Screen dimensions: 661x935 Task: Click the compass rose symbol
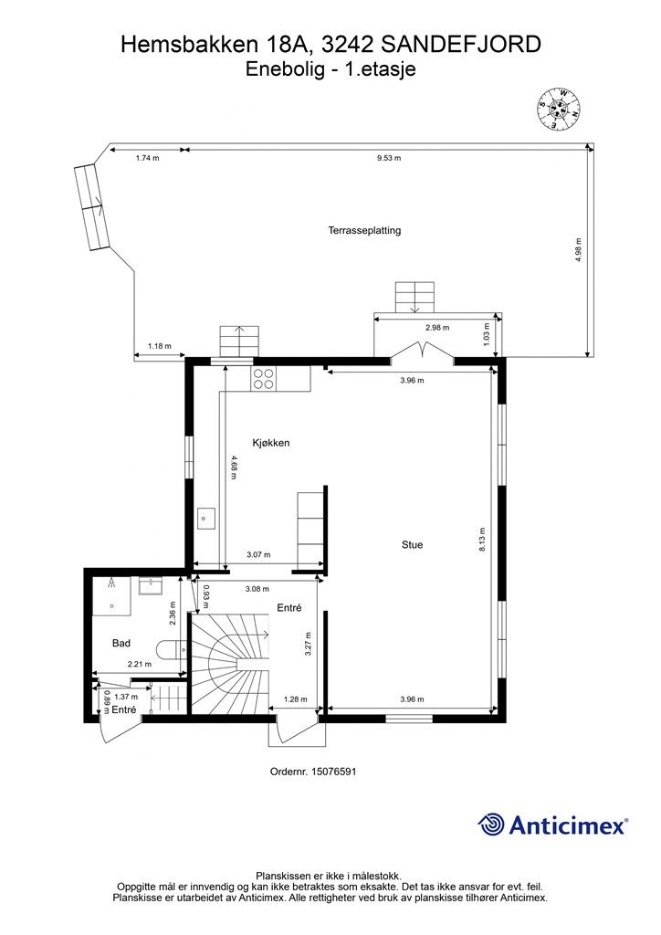[560, 110]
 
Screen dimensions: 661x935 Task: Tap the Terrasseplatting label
[364, 230]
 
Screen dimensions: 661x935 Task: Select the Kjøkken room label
[271, 443]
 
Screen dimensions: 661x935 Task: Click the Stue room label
[412, 544]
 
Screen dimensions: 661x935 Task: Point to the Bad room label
[121, 643]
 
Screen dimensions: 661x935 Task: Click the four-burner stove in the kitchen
[264, 378]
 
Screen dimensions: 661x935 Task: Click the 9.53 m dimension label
[389, 158]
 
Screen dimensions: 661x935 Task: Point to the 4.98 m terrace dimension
[579, 250]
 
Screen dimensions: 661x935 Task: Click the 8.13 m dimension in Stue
[482, 539]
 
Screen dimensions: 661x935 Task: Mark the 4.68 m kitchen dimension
[232, 467]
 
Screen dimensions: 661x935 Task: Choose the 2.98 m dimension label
[437, 328]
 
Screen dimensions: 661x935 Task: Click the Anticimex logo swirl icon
[490, 825]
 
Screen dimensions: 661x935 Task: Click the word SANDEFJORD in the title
[460, 45]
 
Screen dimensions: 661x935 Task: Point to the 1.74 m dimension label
[147, 158]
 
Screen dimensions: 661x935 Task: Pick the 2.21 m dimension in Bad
[140, 664]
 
